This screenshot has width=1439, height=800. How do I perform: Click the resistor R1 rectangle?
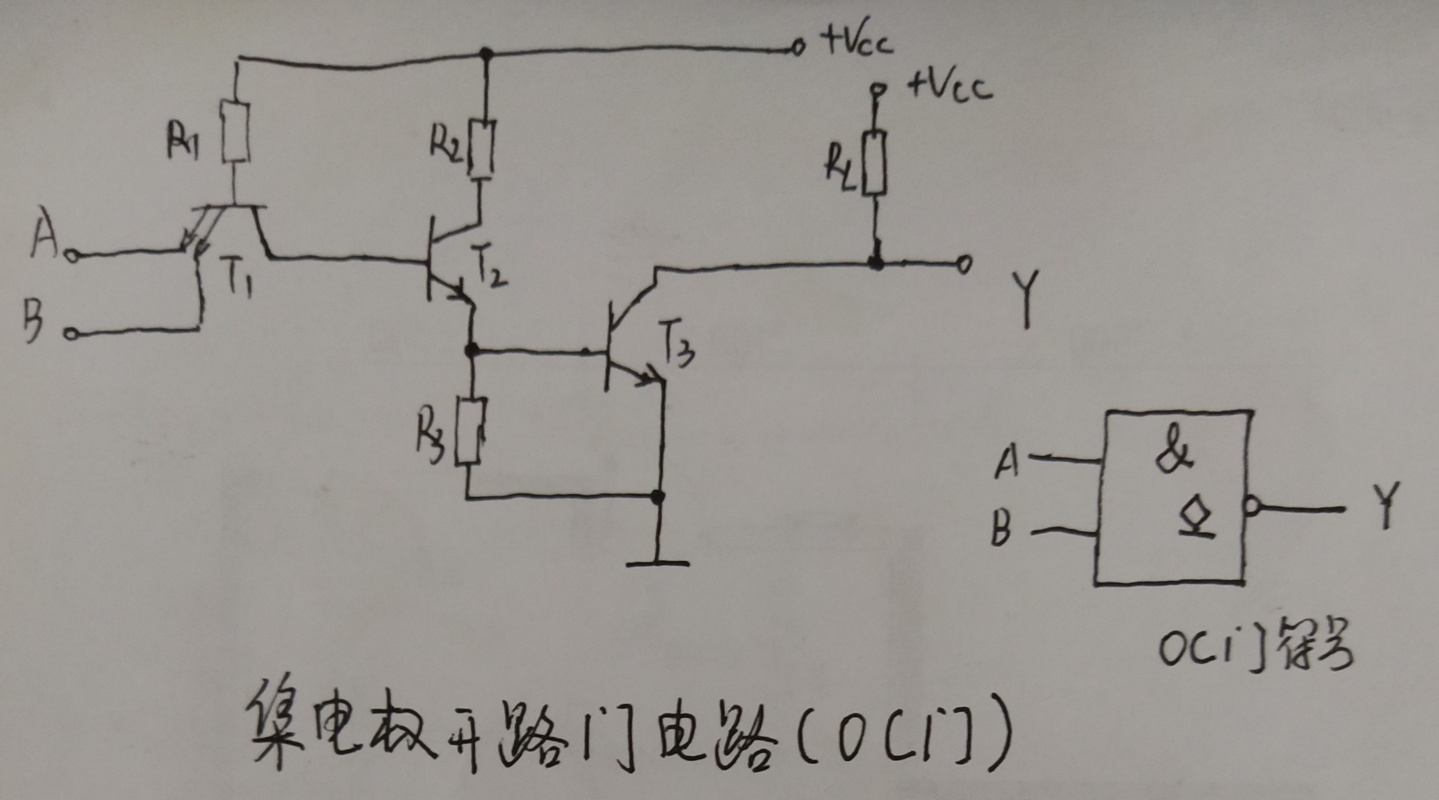click(x=235, y=132)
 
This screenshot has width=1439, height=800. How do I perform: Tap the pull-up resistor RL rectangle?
click(x=874, y=163)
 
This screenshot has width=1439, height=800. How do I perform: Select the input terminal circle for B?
click(x=70, y=334)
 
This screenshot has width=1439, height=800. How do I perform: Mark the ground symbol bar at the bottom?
click(x=657, y=563)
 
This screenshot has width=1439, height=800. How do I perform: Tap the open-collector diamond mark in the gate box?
click(x=1197, y=518)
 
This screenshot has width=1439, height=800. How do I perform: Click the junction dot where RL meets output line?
click(x=877, y=263)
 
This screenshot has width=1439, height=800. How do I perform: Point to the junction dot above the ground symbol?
click(x=659, y=496)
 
